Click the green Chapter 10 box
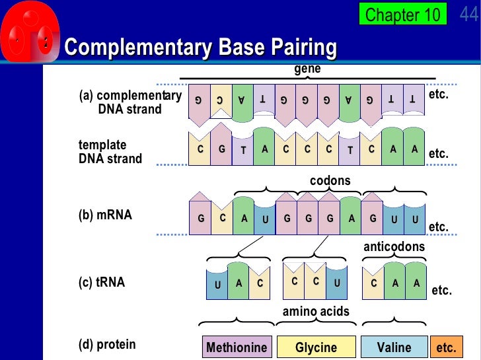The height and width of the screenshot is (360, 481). (x=402, y=14)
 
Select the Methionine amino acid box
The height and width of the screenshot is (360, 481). (x=237, y=347)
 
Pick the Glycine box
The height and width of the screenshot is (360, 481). (x=316, y=347)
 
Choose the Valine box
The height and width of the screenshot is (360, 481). (x=394, y=347)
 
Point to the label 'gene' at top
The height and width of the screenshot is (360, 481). (x=307, y=69)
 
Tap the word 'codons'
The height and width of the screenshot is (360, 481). (x=330, y=180)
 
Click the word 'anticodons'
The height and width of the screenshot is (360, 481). (x=394, y=246)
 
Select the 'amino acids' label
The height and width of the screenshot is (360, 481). (x=316, y=311)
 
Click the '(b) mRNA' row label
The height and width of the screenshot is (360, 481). (x=105, y=215)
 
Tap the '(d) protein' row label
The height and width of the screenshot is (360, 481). (x=107, y=344)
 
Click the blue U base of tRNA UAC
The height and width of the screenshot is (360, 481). (x=217, y=284)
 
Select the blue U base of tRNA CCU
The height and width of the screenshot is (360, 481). (x=337, y=281)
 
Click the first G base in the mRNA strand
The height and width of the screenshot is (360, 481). (x=200, y=219)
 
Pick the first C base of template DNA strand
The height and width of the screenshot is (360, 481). (x=200, y=149)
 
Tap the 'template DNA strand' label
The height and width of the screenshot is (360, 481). (x=110, y=152)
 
